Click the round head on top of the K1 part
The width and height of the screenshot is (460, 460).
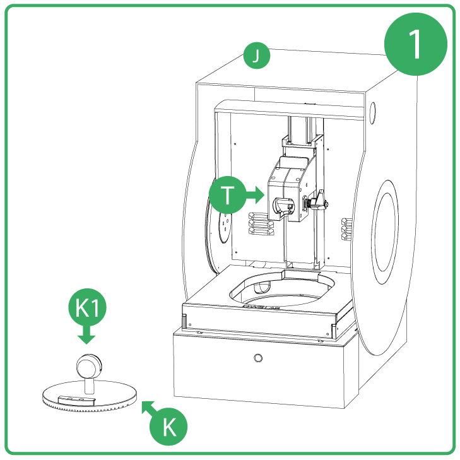(88, 365)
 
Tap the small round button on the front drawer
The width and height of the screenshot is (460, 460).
(257, 358)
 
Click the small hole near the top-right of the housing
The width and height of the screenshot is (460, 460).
(371, 112)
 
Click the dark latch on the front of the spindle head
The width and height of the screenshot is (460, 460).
(278, 206)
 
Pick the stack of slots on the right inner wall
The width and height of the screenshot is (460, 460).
(345, 229)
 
